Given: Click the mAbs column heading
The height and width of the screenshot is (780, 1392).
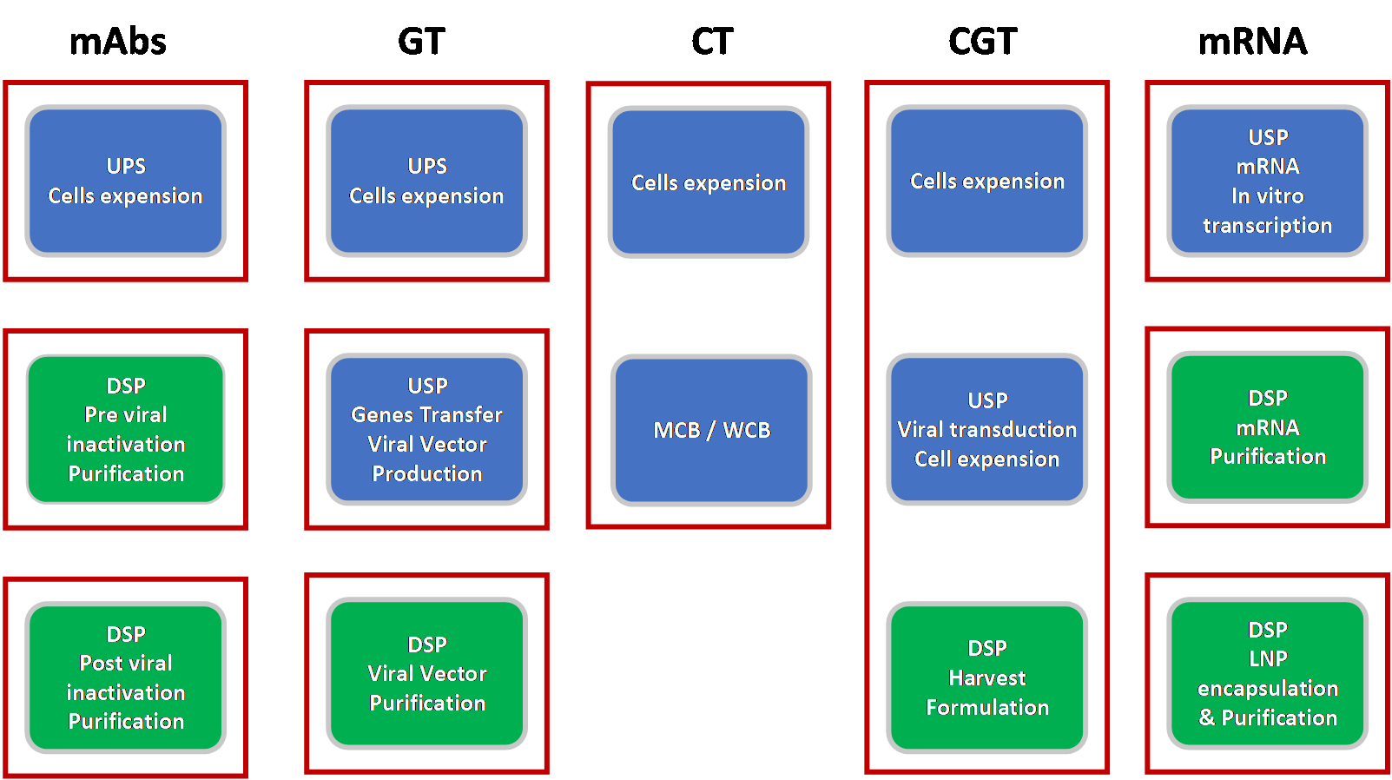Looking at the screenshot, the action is click(x=117, y=42).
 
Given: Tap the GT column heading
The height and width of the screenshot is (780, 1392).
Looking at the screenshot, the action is click(x=421, y=42).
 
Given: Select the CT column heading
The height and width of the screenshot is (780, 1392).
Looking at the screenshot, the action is click(x=712, y=42).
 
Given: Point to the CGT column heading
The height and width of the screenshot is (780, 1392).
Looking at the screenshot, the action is click(x=982, y=42).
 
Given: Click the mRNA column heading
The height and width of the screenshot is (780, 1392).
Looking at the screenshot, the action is click(x=1252, y=42).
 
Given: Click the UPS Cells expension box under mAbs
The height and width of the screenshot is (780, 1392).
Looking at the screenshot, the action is click(x=126, y=181).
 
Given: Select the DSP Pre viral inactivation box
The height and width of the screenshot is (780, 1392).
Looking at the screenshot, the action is click(x=126, y=429).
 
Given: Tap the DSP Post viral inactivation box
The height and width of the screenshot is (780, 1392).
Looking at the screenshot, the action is click(x=126, y=677).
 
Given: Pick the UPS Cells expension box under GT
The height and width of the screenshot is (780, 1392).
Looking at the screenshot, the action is click(x=427, y=181).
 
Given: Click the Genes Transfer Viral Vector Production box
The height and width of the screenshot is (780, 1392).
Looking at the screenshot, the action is click(x=427, y=429).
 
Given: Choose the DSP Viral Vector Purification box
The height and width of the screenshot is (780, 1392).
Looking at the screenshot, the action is click(x=427, y=673).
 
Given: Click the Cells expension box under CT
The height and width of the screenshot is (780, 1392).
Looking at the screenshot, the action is click(x=709, y=182).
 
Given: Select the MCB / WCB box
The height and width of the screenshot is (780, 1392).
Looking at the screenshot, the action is click(x=711, y=430).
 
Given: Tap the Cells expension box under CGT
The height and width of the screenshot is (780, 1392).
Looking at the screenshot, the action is click(x=986, y=181).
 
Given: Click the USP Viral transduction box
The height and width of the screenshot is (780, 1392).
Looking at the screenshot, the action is click(x=986, y=429).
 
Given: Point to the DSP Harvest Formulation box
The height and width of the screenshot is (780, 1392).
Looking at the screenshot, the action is click(x=986, y=677).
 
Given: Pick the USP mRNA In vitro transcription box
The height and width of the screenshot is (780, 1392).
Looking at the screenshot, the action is click(x=1267, y=181).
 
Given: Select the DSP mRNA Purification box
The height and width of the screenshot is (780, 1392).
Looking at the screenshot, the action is click(x=1267, y=427).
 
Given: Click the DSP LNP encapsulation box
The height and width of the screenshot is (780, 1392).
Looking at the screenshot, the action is click(x=1267, y=673).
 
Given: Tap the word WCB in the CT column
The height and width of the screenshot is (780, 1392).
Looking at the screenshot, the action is click(x=746, y=430).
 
